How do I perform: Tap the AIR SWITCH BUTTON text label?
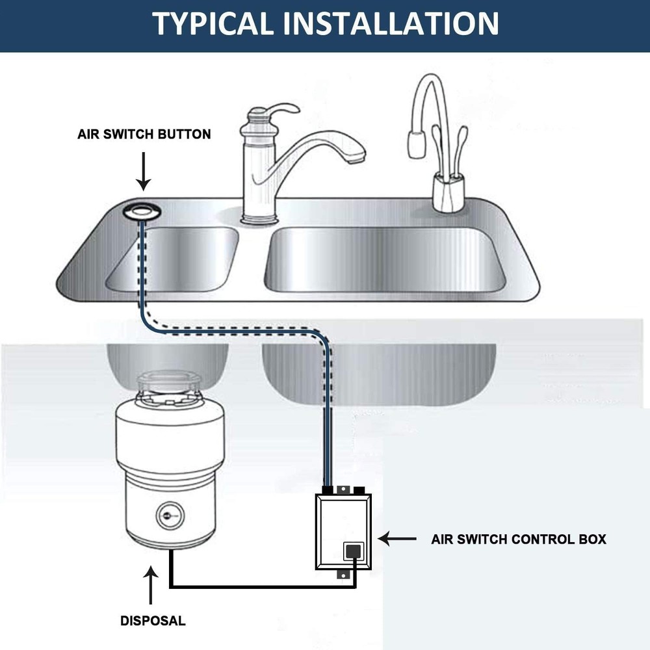coord(144,135)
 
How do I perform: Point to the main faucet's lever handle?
coord(276,110)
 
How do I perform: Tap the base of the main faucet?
coord(257,218)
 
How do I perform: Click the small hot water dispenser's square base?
coord(447,196)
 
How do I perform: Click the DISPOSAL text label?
coord(153,621)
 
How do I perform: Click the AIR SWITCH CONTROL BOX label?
coord(518,539)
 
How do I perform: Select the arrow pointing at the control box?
coord(397,539)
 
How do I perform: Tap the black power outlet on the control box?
coord(353,551)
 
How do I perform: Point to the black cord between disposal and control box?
coord(260,587)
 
